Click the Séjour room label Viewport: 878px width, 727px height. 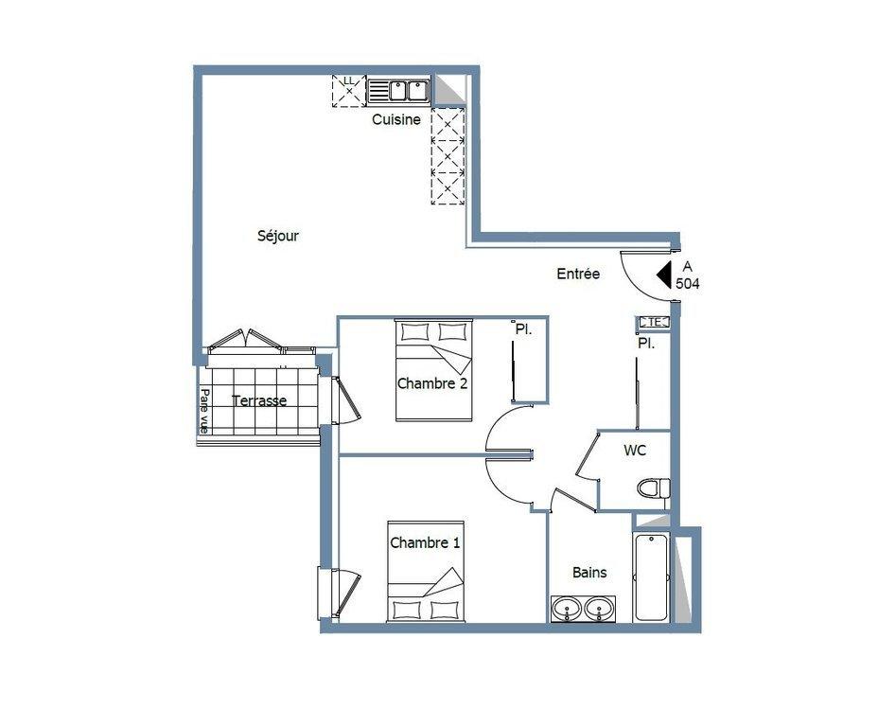pyautogui.click(x=278, y=236)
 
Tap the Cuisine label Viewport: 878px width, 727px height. pyautogui.click(x=396, y=119)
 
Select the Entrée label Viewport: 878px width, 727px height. pyautogui.click(x=578, y=274)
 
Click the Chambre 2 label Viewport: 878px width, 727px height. pyautogui.click(x=431, y=383)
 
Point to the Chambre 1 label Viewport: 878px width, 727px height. pyautogui.click(x=425, y=542)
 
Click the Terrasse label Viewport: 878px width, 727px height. pyautogui.click(x=259, y=400)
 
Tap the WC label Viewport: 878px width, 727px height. pyautogui.click(x=635, y=451)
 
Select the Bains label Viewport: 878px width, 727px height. pyautogui.click(x=589, y=573)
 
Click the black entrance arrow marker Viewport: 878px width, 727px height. pyautogui.click(x=664, y=275)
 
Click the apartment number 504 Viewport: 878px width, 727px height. pyautogui.click(x=688, y=284)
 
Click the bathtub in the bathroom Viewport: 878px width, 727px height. pyautogui.click(x=652, y=576)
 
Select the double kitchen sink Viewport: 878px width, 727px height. pyautogui.click(x=398, y=91)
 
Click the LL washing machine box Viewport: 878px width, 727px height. pyautogui.click(x=348, y=90)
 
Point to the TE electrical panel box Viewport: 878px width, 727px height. pyautogui.click(x=654, y=322)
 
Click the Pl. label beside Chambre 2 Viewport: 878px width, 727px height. pyautogui.click(x=523, y=329)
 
